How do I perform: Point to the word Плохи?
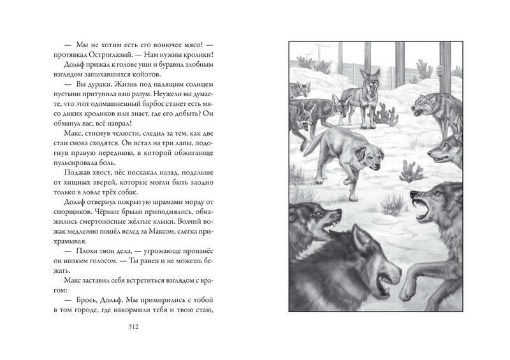click(x=80, y=254)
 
